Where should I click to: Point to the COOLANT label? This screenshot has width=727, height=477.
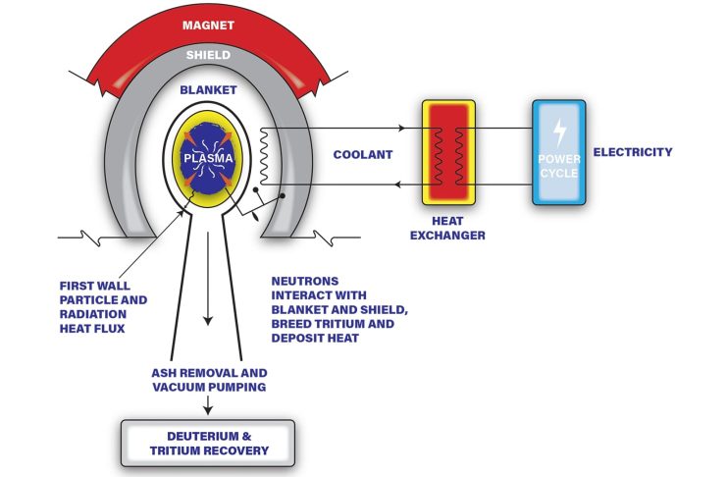point(361,153)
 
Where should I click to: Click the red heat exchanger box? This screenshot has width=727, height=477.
point(448,153)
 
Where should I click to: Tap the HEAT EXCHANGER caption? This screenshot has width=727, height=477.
point(448,228)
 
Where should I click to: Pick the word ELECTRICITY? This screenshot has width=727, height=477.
point(639,152)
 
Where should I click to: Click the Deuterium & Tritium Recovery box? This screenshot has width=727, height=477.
point(208,444)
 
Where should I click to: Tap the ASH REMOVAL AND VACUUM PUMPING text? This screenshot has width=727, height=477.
point(209,380)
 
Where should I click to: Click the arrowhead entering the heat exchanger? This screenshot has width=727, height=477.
point(402,128)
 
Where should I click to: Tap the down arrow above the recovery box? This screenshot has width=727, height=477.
point(208,404)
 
